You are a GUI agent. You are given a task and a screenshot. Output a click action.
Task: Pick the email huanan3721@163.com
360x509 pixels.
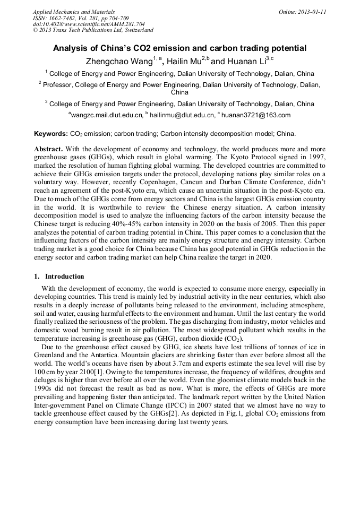(x=256, y=115)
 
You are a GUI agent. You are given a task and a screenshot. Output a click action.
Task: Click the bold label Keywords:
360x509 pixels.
(x=51, y=134)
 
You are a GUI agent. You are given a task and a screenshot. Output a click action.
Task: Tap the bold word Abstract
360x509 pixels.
(x=49, y=149)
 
